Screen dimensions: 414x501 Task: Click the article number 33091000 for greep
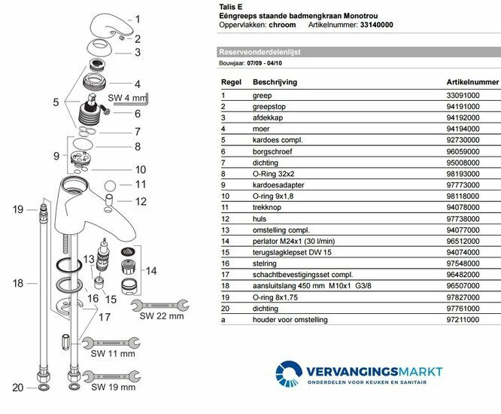(463, 96)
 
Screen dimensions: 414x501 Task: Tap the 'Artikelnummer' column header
(472, 81)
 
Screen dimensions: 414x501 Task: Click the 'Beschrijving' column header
(275, 81)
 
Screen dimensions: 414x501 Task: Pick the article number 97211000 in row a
(463, 320)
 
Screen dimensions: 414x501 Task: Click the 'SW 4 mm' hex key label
(125, 97)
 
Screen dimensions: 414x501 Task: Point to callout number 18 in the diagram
(18, 284)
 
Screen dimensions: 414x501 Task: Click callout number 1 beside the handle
(137, 20)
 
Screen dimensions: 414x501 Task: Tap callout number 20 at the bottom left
(18, 388)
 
